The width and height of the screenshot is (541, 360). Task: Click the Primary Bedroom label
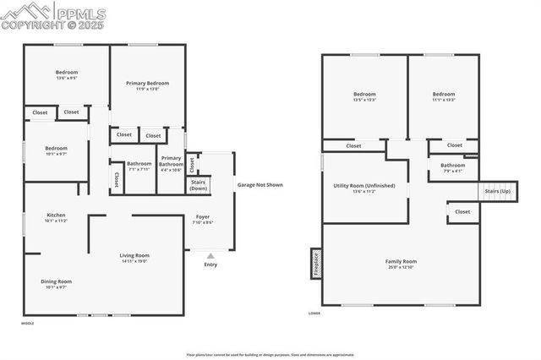coord(147,84)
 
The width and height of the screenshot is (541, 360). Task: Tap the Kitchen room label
coord(56,215)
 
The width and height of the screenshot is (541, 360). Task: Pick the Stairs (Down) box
coord(199,184)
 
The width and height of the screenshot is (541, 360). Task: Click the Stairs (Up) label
coord(497,192)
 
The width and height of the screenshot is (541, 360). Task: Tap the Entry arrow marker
coord(210,254)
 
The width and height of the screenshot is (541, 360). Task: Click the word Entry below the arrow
coord(210,265)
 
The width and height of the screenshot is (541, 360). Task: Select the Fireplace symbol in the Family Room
coord(316,264)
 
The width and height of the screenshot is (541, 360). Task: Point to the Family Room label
coord(402,262)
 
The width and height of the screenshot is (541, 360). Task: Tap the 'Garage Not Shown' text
coord(260,184)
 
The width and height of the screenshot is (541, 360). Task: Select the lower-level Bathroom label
coord(452,166)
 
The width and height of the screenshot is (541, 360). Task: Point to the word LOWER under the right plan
coord(314,314)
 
